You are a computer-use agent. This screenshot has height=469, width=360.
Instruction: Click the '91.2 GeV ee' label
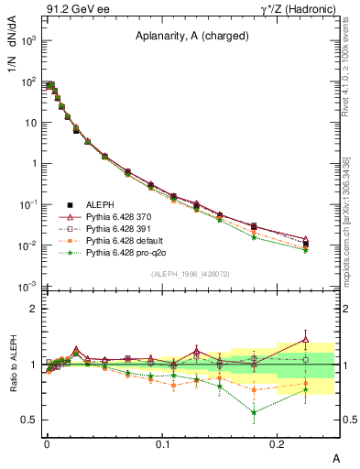(71, 9)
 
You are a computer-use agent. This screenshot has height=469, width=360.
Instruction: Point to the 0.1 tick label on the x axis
(162, 442)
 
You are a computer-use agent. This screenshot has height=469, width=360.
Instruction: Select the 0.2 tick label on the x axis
(278, 442)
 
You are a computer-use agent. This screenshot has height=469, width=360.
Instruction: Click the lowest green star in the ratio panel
(254, 412)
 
